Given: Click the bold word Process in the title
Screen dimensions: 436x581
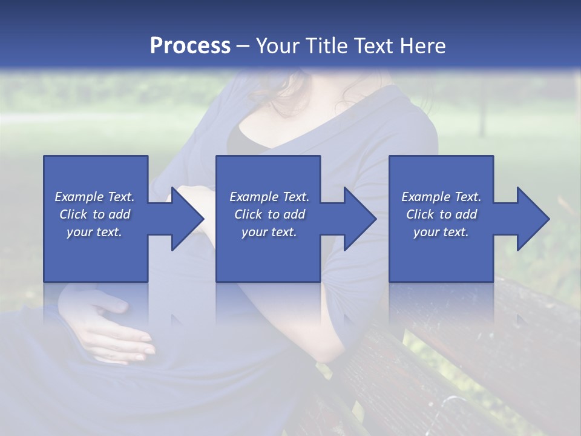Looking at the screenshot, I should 190,46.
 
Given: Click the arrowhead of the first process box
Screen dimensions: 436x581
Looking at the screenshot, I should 188,219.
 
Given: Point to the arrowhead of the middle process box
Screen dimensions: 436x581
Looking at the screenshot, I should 361,219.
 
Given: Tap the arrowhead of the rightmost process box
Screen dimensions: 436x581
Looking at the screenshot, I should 533,219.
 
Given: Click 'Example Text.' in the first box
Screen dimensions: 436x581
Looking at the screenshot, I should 94,197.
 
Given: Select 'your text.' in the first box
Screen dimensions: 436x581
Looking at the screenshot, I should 94,232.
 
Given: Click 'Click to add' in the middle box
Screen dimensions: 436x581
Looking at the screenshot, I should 269,214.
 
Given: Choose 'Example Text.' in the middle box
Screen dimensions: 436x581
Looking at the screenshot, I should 269,197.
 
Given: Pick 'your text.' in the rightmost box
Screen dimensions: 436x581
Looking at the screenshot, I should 441,232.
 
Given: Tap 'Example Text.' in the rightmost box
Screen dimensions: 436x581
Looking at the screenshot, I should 441,197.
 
